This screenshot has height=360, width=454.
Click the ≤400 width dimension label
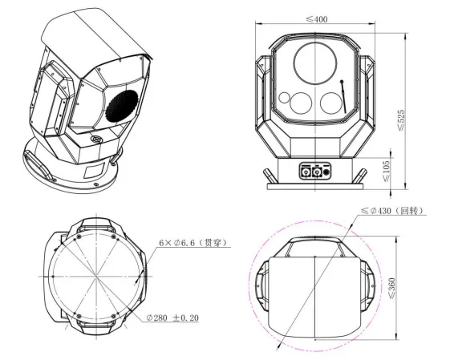(317, 19)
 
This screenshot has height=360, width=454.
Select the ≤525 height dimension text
(401, 119)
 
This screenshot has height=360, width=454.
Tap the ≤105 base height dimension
(387, 171)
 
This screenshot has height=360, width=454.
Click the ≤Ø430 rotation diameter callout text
(392, 211)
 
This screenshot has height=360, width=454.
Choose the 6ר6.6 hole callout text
(193, 242)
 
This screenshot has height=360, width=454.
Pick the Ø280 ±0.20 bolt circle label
(172, 318)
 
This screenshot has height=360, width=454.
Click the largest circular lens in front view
(315, 63)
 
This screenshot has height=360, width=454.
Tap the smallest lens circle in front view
(284, 98)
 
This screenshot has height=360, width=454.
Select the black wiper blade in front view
(343, 97)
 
